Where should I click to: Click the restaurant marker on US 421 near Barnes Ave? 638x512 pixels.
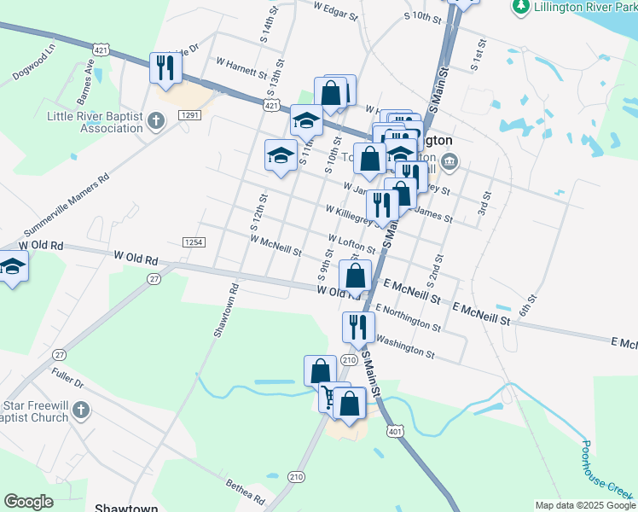[163, 68]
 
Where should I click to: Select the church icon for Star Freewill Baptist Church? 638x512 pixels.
[81, 410]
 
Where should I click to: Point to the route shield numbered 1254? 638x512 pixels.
[193, 242]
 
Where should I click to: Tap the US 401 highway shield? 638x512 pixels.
[394, 432]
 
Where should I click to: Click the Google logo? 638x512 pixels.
[29, 502]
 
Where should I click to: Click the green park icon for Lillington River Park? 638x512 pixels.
[519, 8]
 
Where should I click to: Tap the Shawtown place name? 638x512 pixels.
[119, 507]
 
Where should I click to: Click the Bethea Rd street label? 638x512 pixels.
[246, 491]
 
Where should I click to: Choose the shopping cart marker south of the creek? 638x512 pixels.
[330, 397]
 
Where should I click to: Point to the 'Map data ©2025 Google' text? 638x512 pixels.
[584, 505]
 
